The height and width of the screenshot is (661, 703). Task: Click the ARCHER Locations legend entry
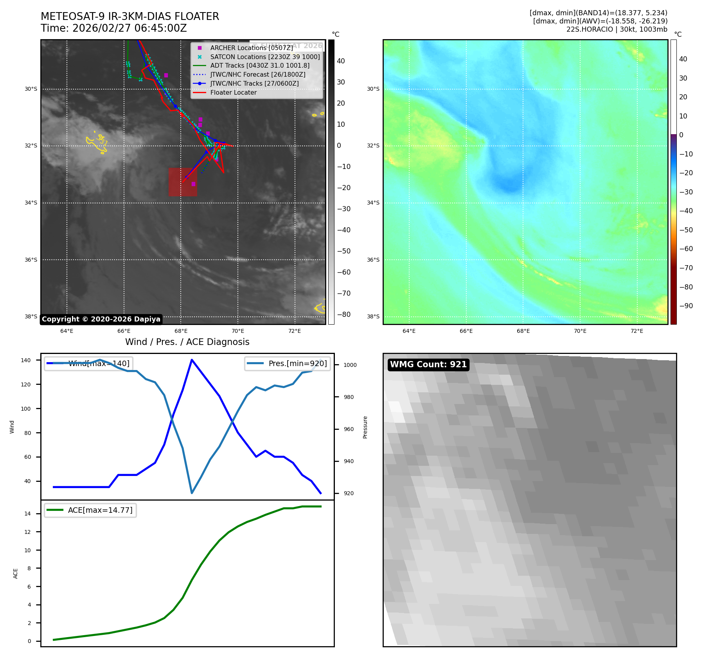point(251,48)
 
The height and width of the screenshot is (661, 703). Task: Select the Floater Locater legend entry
point(233,92)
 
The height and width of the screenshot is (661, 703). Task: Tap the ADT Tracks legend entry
point(259,65)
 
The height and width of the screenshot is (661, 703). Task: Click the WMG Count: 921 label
point(428,365)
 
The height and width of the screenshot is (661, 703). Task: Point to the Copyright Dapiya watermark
point(101,319)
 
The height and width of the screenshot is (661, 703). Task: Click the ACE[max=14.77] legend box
point(90,510)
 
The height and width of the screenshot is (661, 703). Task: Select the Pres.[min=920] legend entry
point(288,363)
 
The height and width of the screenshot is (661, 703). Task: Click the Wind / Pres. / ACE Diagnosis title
point(187,342)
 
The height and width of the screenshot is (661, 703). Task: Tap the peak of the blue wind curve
point(192,359)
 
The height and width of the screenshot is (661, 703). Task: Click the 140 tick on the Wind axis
point(26,360)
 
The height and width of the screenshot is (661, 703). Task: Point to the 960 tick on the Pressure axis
point(349,429)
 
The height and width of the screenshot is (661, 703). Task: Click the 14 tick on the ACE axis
point(27,514)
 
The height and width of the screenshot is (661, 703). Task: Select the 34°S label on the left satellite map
point(31,203)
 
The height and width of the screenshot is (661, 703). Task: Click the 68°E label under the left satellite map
point(181,331)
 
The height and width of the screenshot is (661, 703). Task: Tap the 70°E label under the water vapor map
point(580,331)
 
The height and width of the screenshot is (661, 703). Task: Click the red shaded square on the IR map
point(183,182)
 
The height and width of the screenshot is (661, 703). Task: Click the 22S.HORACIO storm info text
point(617,29)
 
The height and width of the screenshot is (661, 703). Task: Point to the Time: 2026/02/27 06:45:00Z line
point(114,28)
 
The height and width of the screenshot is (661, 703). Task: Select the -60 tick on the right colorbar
point(686,249)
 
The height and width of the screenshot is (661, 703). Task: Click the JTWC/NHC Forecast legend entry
point(257,74)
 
